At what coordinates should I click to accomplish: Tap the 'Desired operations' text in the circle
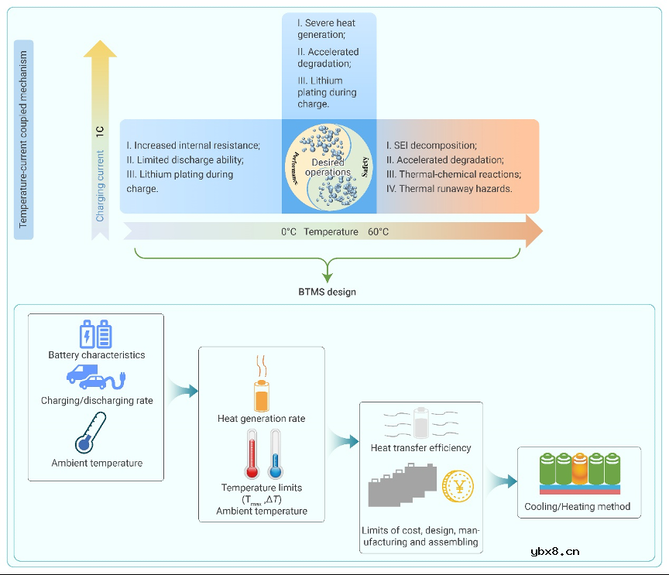[328, 167]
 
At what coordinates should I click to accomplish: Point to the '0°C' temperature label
[289, 231]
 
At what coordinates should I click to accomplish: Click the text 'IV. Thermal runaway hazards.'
[448, 188]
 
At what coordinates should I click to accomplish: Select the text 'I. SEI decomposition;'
[431, 145]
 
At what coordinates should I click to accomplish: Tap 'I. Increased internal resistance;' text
[193, 145]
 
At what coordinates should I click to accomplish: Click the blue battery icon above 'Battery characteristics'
[96, 334]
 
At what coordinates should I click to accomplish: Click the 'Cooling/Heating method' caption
[578, 507]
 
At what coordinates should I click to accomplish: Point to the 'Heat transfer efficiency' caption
[421, 447]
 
